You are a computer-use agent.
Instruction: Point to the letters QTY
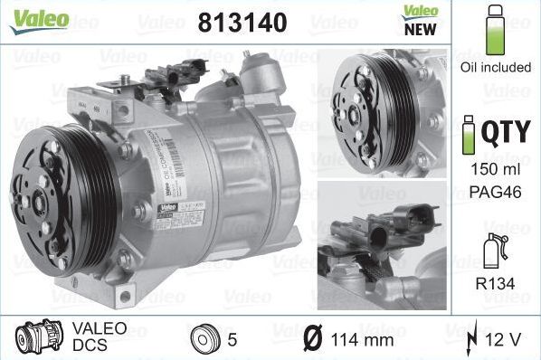click(x=504, y=134)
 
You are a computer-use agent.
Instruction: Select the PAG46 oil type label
click(x=494, y=192)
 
